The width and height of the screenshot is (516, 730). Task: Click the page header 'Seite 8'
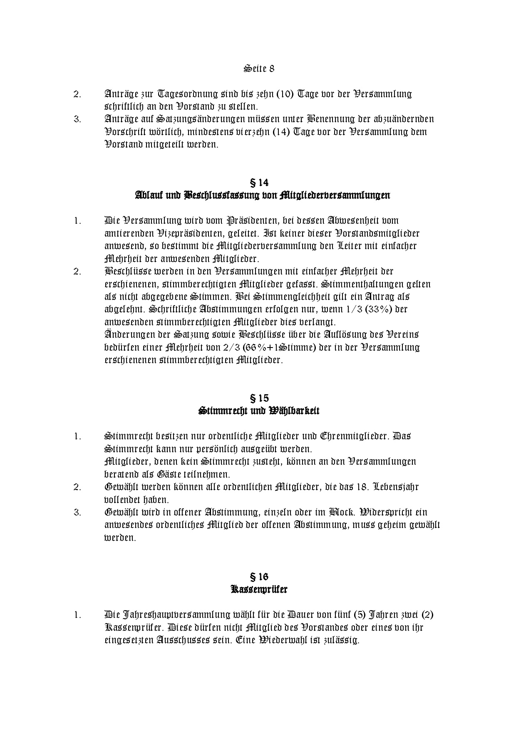258,68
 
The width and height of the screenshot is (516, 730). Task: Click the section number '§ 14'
258,182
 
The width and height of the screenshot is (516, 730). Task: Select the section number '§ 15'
258,397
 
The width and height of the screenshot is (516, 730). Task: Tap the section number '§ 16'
258,576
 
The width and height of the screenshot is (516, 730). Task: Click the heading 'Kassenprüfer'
258,589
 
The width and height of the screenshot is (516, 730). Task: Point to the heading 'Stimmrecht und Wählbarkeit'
258,410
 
